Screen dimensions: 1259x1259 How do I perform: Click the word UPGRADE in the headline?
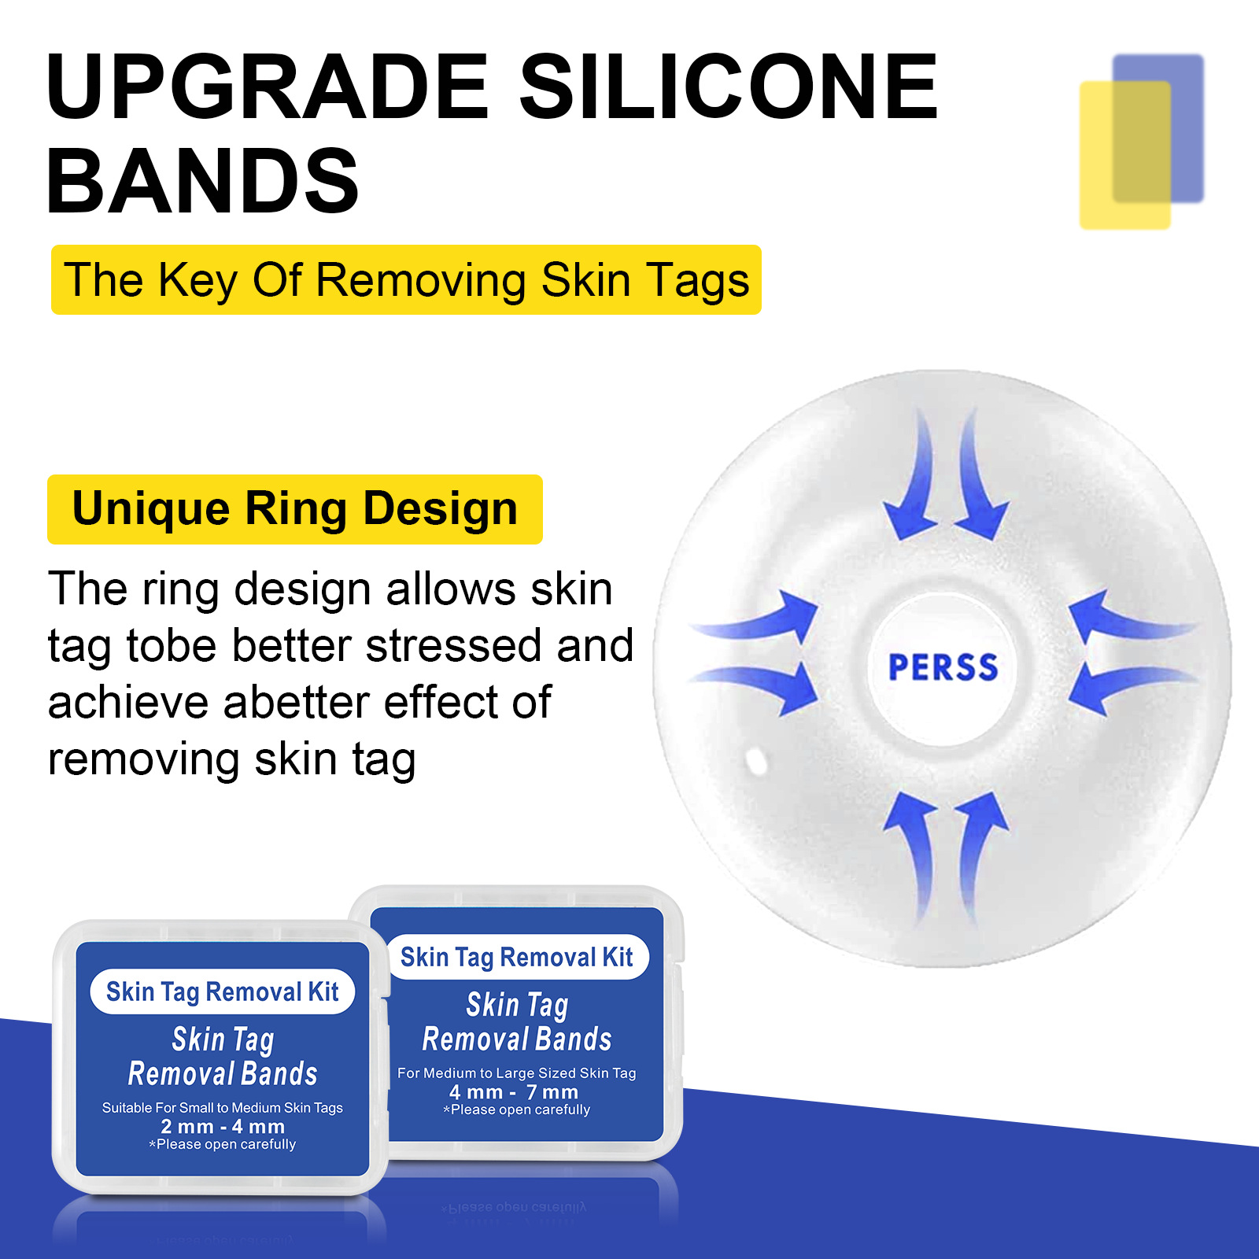coord(268,86)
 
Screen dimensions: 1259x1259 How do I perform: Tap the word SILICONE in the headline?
coord(729,86)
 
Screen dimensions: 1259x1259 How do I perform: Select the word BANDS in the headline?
coord(203,180)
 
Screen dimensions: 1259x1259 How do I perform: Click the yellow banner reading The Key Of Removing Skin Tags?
coord(406,279)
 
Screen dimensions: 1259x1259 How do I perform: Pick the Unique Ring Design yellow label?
coord(295,509)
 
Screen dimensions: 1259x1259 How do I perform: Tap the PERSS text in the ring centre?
coord(943,667)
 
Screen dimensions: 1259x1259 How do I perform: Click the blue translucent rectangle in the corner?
coord(1158,128)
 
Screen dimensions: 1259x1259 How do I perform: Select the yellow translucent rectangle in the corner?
coord(1125,155)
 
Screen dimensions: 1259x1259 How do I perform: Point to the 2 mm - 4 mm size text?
coord(223,1126)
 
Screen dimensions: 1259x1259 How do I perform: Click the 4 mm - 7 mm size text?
coord(514,1092)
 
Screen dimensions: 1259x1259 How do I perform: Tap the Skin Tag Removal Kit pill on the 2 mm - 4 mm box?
coord(223,991)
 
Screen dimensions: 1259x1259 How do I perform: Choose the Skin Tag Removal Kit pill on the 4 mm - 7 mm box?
coord(517,957)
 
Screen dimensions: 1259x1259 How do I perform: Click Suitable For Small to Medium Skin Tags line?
coord(223,1108)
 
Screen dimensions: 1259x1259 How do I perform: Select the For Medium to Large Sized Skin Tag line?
coord(517,1073)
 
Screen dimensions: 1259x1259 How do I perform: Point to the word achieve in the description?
coord(129,702)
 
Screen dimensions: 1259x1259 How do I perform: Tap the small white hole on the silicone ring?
coord(756,761)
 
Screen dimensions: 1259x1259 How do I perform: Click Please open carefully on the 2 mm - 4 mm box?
coord(223,1144)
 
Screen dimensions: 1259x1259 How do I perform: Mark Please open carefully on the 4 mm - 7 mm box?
coord(517,1109)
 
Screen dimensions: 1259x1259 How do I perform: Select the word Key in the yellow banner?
coord(198,281)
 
